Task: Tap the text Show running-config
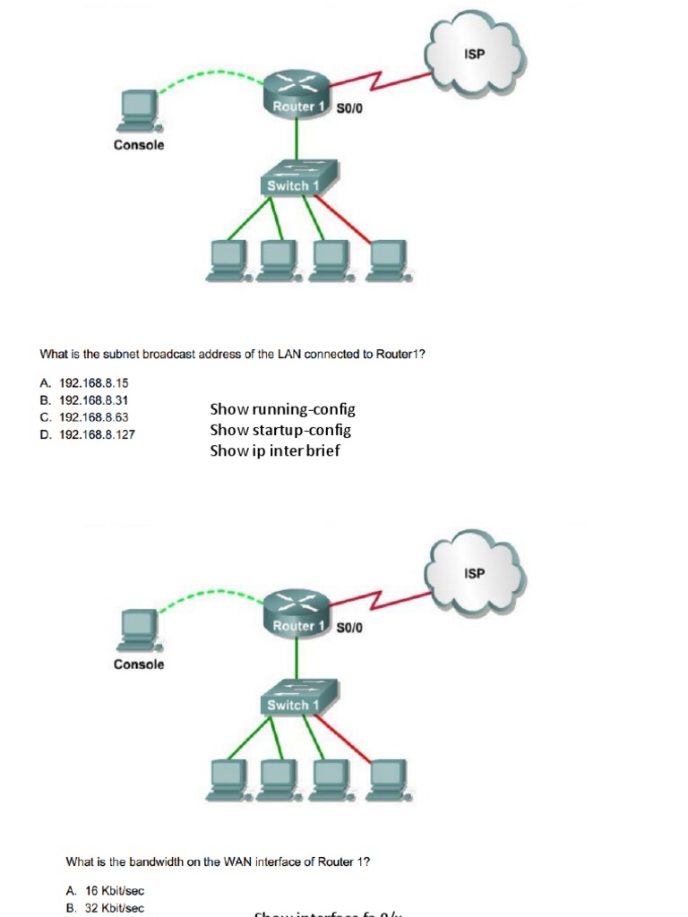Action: [x=282, y=409]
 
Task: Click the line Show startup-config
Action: [x=280, y=430]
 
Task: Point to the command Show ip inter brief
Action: [x=275, y=450]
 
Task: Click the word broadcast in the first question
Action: [x=169, y=354]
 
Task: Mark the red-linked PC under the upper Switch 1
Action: [x=388, y=255]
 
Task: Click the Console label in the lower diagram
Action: [x=139, y=664]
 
